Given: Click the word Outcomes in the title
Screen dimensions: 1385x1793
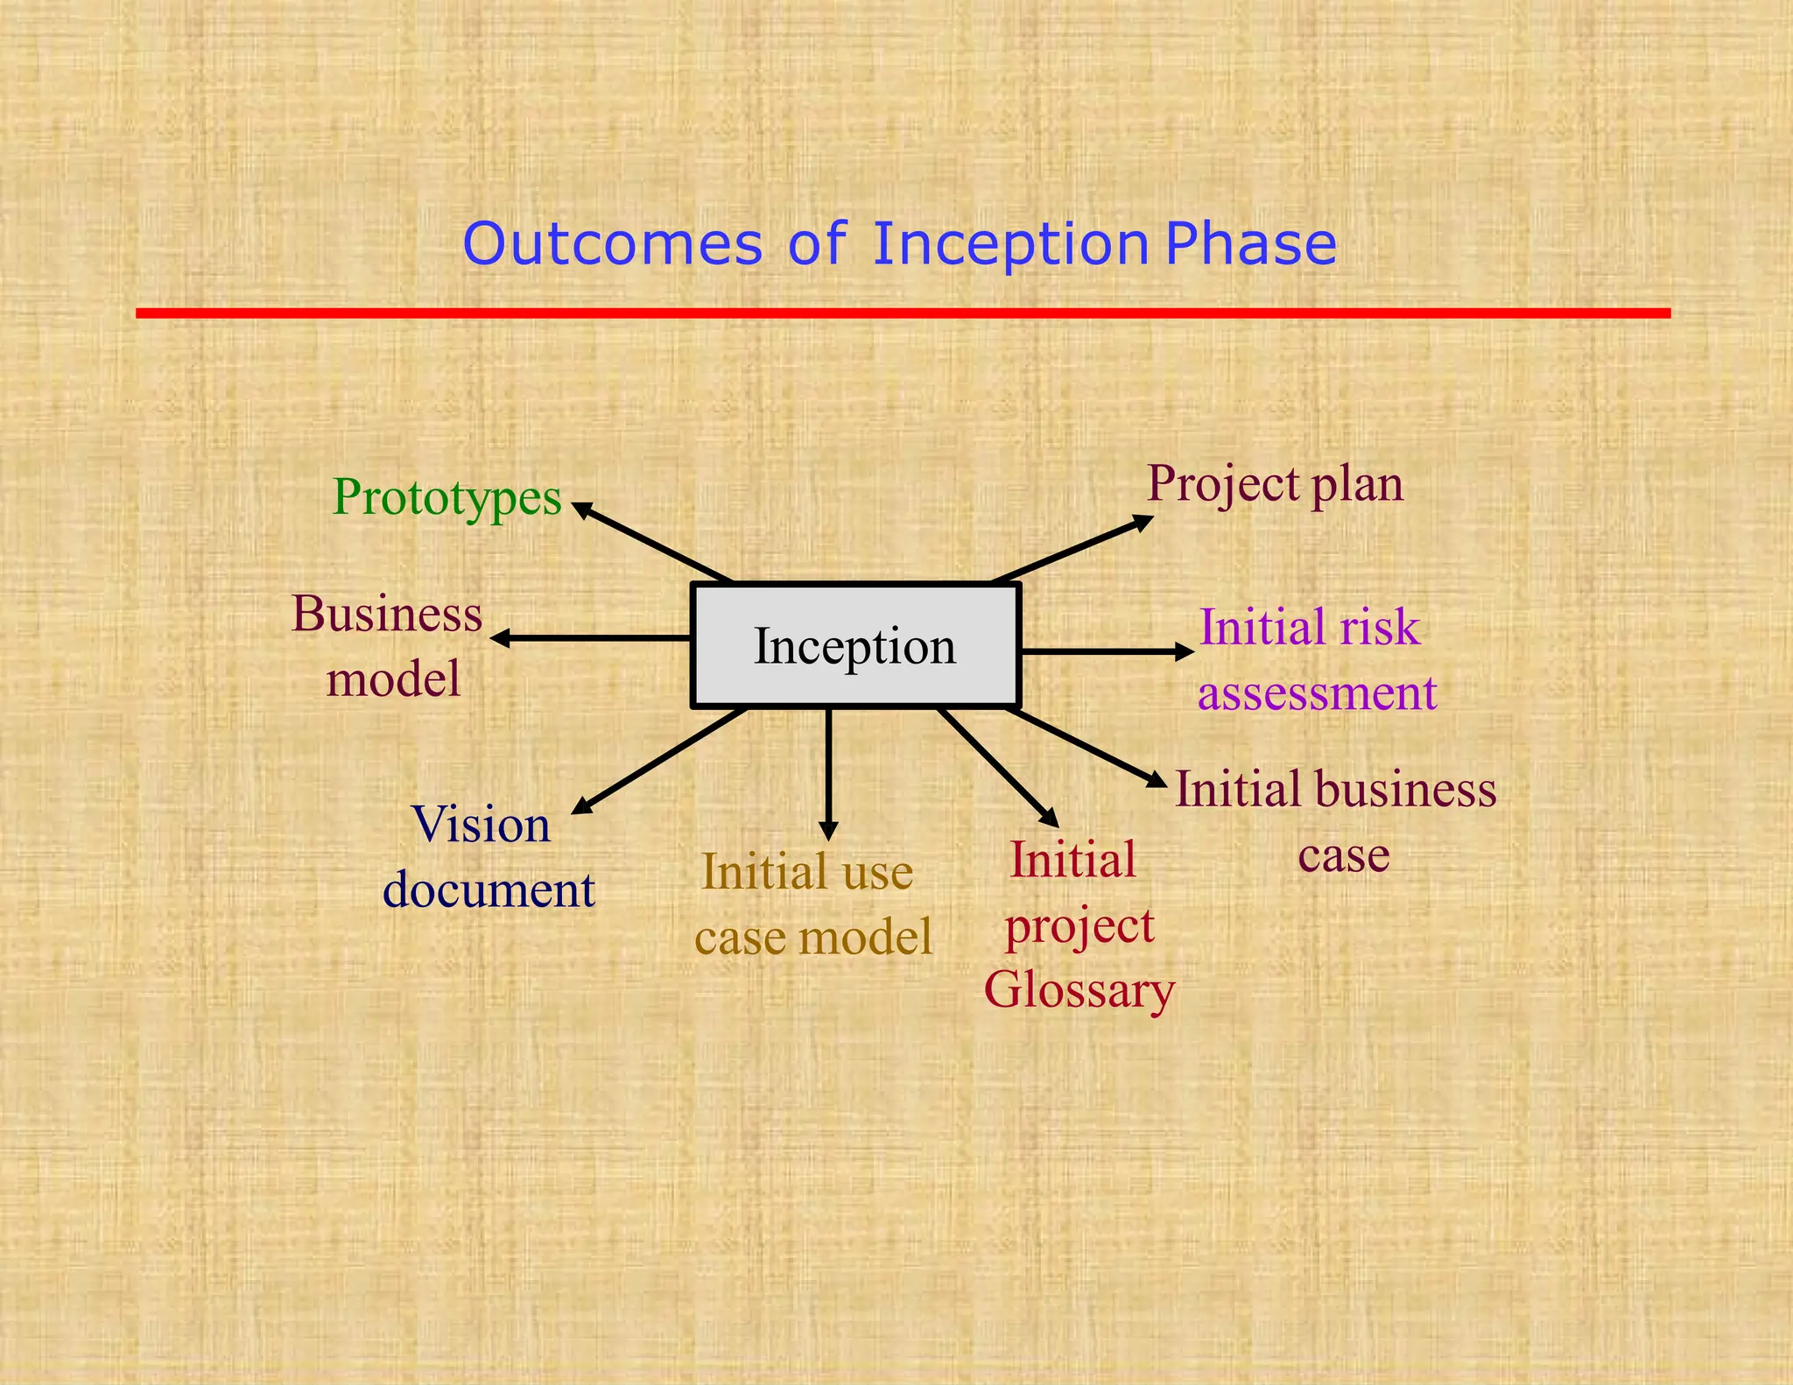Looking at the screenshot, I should coord(612,244).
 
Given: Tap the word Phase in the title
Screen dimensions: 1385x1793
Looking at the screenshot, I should coord(1251,244).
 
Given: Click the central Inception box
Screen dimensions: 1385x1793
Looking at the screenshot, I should coord(855,646).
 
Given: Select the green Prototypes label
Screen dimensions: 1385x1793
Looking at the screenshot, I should coord(446,498).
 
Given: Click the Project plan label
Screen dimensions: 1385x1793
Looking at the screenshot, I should coord(1275,483).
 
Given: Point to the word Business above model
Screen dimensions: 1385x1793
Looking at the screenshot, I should coord(387,614).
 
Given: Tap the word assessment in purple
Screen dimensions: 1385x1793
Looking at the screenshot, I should coord(1317,693).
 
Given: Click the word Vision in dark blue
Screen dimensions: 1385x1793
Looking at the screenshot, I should coord(481,825).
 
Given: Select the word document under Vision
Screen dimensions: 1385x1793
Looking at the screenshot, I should coord(489,890).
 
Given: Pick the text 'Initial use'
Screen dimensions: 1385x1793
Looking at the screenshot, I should coord(807,872).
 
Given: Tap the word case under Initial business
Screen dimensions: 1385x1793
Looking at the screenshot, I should coord(1343,855).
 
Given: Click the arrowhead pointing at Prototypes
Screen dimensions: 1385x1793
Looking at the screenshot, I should coord(580,508).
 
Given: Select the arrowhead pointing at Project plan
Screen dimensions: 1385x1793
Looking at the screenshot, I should coord(1143,523).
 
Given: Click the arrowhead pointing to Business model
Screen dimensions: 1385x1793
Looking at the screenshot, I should coord(499,638).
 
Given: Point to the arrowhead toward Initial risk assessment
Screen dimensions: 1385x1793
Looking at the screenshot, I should coord(1185,651).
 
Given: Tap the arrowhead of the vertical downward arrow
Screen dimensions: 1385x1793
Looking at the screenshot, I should coord(829,832).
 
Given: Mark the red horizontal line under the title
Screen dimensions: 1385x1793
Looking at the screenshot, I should coord(902,313).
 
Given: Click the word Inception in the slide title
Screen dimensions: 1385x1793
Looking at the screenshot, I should coord(1010,244).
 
